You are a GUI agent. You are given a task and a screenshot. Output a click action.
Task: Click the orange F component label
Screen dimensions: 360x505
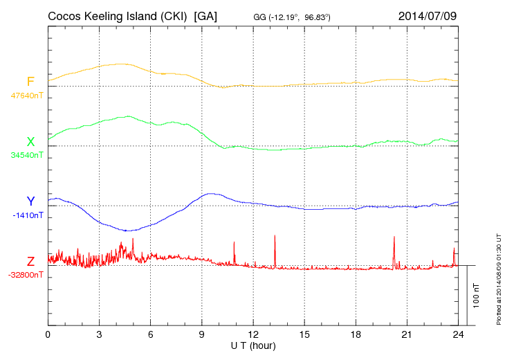(x=30, y=82)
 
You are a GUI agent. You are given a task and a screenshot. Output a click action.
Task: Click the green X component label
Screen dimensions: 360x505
(x=30, y=142)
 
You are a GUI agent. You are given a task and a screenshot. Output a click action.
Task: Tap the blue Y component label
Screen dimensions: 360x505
(x=30, y=201)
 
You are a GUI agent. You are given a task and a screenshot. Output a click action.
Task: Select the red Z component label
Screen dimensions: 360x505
(x=30, y=262)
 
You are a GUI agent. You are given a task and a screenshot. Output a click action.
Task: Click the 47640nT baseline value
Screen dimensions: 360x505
(x=27, y=96)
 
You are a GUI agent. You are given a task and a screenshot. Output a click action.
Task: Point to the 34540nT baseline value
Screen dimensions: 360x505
(x=27, y=155)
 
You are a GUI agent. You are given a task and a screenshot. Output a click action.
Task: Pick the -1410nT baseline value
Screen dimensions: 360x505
(x=28, y=215)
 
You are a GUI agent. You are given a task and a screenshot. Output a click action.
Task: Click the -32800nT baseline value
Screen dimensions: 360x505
(x=26, y=275)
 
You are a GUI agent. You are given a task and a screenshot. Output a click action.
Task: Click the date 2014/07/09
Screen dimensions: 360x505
(x=428, y=15)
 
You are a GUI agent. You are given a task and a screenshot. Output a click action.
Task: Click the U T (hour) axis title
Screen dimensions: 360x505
(x=253, y=345)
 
